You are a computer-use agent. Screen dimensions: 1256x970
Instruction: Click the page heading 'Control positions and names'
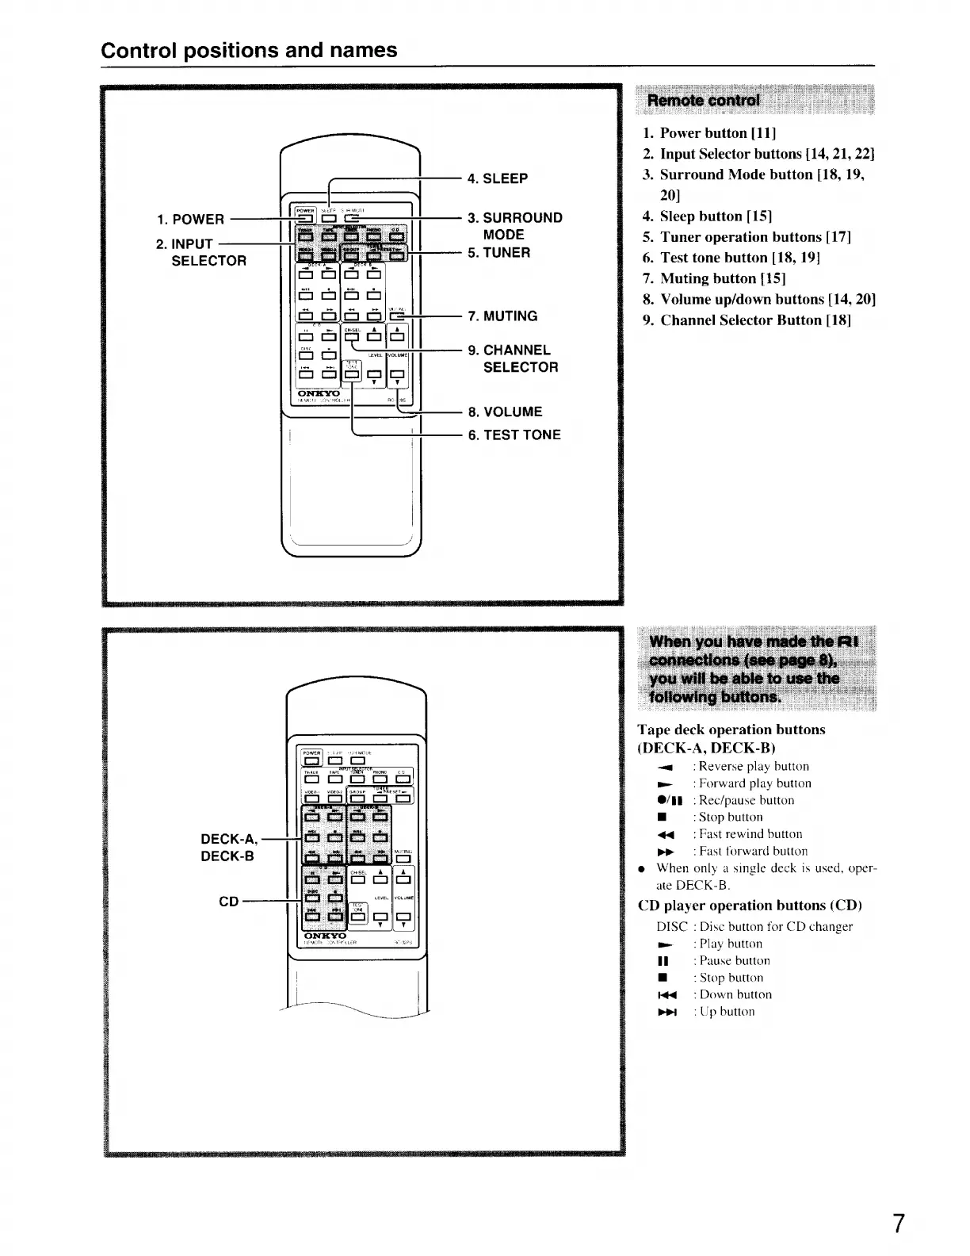coord(250,50)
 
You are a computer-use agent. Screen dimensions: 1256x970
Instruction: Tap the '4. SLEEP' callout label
coord(498,178)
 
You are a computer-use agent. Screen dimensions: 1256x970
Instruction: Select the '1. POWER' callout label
coord(190,219)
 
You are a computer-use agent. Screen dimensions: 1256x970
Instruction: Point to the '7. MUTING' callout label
coord(502,316)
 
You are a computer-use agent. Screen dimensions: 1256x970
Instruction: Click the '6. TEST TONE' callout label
coord(514,435)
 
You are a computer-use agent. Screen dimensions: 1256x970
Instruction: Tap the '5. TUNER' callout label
coord(499,252)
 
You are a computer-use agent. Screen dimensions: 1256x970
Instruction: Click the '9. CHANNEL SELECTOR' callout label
coord(514,358)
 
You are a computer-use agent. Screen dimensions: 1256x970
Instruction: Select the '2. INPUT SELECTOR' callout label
coord(201,252)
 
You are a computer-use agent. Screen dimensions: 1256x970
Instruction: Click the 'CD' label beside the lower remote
coord(228,902)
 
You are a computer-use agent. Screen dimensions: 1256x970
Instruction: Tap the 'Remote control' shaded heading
coord(704,100)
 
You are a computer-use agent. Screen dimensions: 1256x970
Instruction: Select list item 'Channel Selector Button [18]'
coord(755,320)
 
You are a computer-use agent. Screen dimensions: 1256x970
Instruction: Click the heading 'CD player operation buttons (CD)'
coord(750,905)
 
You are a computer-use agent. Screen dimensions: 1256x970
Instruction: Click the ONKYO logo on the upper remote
coord(319,392)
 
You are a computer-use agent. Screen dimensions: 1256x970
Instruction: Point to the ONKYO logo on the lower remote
coord(325,936)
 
